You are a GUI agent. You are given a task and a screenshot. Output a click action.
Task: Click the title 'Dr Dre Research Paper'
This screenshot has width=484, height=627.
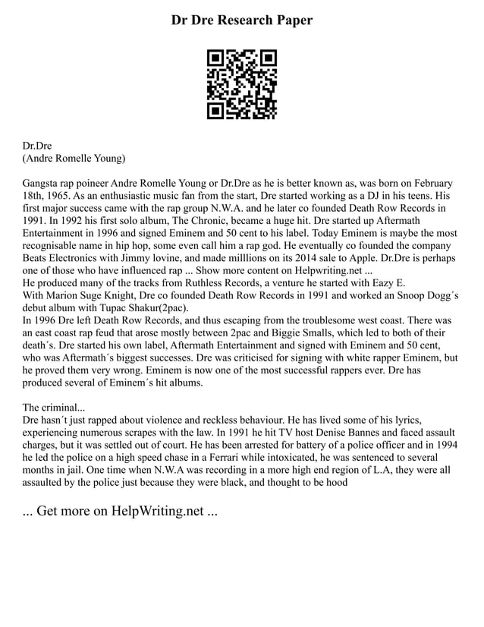241,20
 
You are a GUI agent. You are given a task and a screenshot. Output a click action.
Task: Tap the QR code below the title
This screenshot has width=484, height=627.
242,84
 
